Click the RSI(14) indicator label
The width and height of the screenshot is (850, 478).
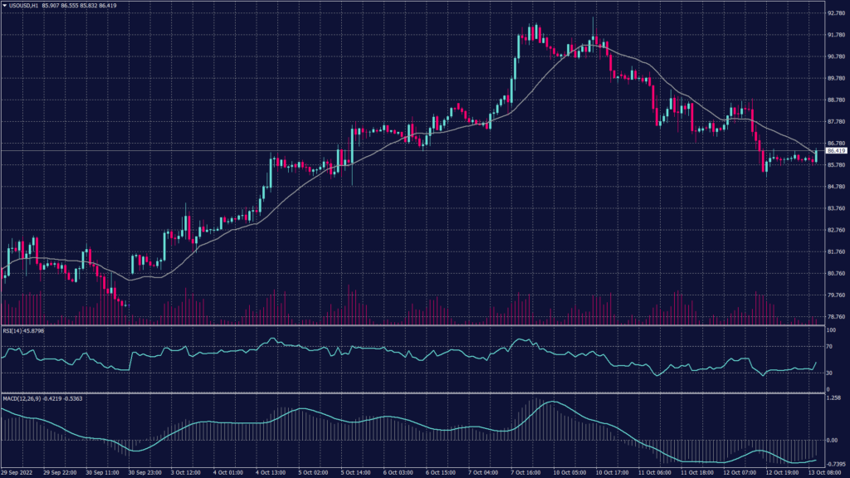tap(14, 331)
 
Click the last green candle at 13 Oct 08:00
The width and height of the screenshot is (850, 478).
tap(817, 156)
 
